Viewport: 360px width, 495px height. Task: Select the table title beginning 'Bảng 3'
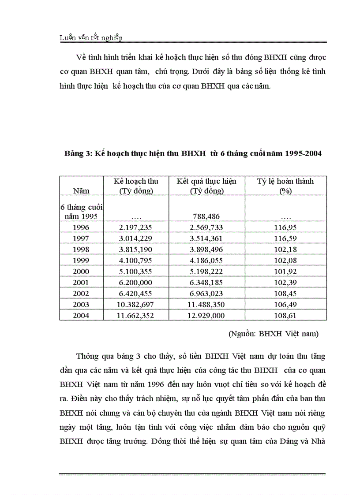click(193, 153)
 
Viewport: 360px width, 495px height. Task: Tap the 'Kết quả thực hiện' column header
click(206, 186)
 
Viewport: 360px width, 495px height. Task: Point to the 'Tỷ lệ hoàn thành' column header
click(285, 186)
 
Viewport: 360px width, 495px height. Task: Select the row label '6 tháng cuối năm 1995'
click(81, 212)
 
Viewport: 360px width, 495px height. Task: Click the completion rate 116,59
click(285, 238)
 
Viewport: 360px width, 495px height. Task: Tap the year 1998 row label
click(81, 249)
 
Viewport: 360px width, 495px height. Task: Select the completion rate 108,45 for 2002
click(285, 294)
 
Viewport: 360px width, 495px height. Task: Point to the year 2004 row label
click(81, 316)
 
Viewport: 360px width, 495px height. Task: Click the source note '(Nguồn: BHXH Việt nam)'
click(273, 334)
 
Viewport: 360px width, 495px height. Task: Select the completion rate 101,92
click(285, 272)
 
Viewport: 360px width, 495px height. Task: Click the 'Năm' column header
click(81, 191)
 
